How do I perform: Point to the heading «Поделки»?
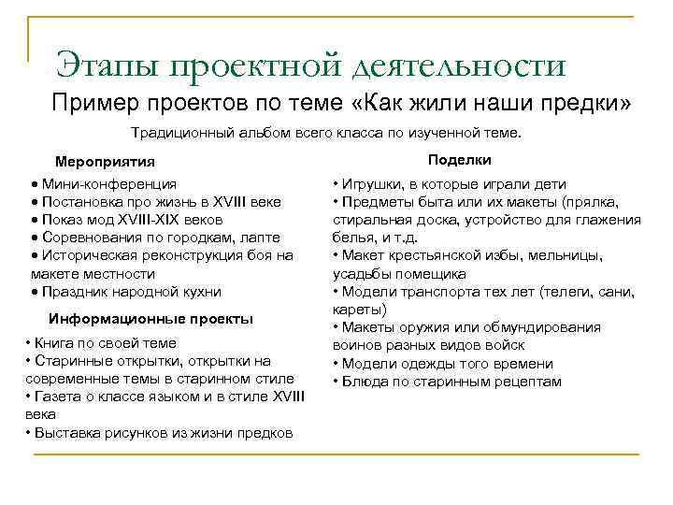460,160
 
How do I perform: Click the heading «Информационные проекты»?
150,318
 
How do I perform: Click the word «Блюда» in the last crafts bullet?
363,381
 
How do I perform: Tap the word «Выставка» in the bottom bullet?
64,432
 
